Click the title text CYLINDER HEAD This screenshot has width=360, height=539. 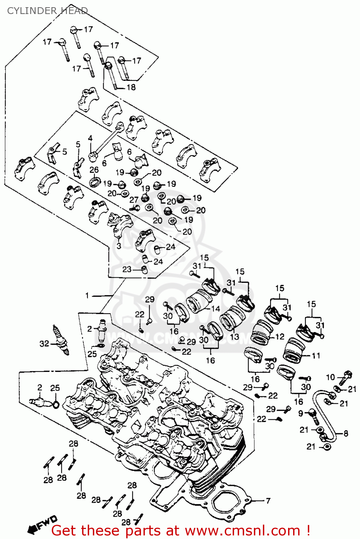click(47, 11)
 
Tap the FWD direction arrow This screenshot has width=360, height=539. click(42, 524)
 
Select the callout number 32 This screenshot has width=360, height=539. click(44, 344)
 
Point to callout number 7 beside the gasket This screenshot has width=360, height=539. click(268, 501)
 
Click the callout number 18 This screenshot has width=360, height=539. click(131, 87)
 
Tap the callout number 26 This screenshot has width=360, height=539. click(94, 170)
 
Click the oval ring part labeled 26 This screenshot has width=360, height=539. click(95, 181)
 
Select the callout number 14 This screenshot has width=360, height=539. click(215, 309)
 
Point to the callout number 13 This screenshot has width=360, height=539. click(234, 337)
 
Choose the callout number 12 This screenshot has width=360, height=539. click(280, 337)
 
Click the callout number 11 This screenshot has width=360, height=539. click(316, 356)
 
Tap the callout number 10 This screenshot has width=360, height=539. click(330, 377)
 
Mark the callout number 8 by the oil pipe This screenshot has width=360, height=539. click(346, 433)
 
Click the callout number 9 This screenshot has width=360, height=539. click(301, 414)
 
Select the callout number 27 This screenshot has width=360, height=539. click(134, 200)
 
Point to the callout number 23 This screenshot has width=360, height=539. click(127, 269)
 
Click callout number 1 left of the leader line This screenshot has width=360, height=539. click(87, 295)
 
